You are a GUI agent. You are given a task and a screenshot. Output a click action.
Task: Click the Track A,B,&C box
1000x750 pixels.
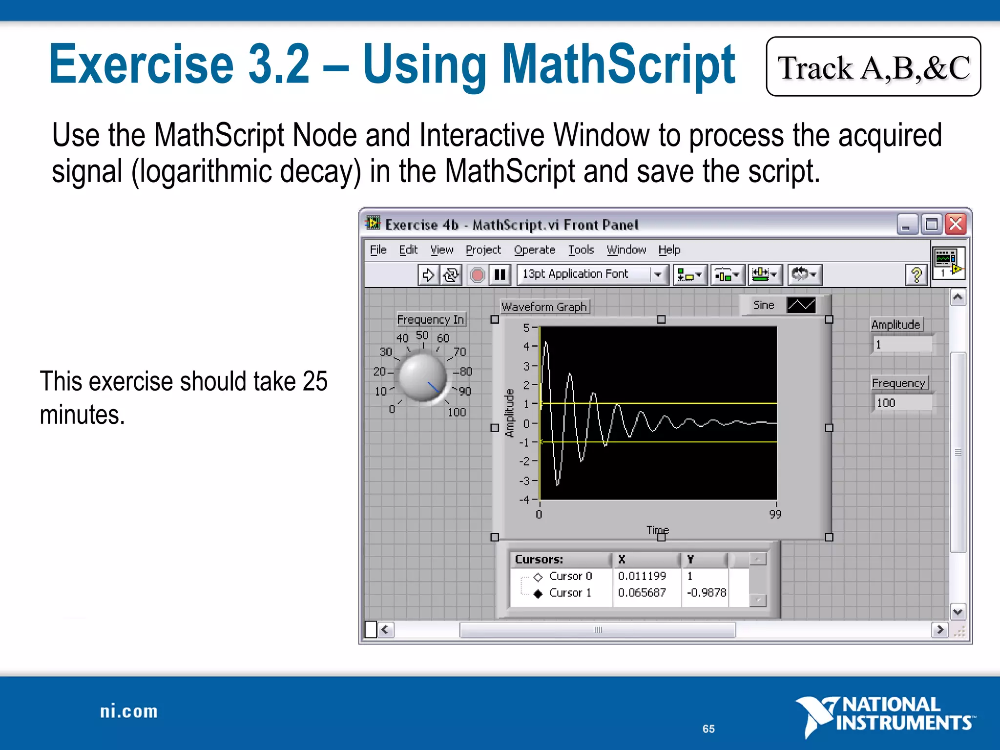(x=873, y=67)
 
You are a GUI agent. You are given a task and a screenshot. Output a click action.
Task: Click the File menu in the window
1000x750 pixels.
(x=378, y=250)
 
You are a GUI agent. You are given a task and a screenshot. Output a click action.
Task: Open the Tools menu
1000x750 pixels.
(x=581, y=250)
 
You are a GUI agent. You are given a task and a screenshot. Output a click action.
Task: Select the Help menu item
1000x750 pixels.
(x=669, y=250)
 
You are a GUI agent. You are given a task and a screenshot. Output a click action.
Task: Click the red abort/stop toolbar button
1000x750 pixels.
(x=477, y=275)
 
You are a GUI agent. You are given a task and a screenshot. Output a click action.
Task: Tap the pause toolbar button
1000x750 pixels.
(x=500, y=275)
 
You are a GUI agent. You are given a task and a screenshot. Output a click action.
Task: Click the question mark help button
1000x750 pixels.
(x=917, y=275)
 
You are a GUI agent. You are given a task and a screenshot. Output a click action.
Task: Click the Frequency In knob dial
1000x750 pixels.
(x=422, y=377)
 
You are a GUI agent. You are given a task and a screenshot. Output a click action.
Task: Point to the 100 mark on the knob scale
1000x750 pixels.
(x=457, y=412)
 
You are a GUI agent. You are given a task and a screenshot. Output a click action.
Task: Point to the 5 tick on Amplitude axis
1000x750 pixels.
(x=527, y=328)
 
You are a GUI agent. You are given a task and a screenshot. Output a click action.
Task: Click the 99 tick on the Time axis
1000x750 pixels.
(x=775, y=514)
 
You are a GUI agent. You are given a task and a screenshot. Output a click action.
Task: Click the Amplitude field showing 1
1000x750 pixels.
(x=902, y=345)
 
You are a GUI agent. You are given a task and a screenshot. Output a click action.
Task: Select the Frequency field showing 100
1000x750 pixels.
(x=902, y=403)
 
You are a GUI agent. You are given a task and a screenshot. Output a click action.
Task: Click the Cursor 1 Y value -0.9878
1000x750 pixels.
(x=706, y=593)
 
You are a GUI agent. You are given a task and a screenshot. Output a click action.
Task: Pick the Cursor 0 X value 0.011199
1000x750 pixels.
(x=642, y=576)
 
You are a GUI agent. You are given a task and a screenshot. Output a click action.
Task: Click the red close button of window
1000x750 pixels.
(x=956, y=225)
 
